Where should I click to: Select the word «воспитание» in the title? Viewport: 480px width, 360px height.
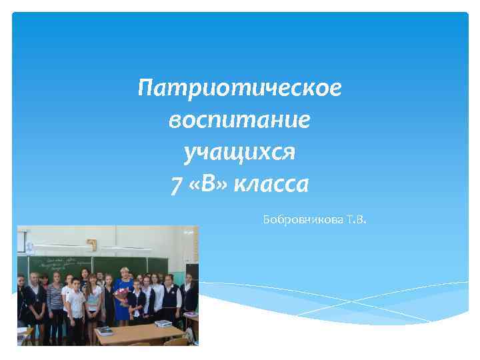(239, 120)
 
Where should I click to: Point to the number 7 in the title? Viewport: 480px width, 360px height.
(175, 184)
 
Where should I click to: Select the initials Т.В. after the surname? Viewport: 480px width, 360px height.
(357, 219)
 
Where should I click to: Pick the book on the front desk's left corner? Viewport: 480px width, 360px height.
(105, 331)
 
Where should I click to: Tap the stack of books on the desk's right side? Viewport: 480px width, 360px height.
(164, 323)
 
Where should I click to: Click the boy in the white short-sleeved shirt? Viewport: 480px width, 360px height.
(75, 303)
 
